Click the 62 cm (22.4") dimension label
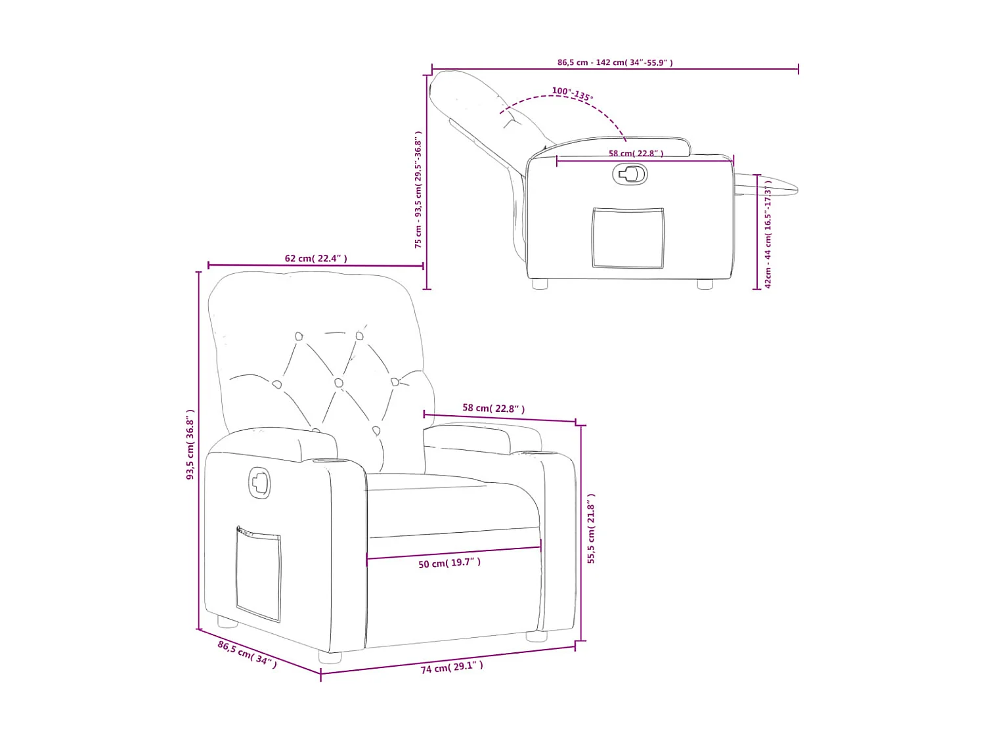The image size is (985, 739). point(315,258)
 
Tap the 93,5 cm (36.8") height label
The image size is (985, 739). point(190,444)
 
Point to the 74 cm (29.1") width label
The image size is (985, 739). point(451,667)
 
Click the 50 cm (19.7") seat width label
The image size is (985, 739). point(449,563)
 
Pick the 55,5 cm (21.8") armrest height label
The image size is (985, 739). point(591,528)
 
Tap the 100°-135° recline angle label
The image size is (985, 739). point(572,93)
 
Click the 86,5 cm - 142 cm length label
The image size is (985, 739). point(615,63)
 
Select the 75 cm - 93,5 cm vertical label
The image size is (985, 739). point(418,190)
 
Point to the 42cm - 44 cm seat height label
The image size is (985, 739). point(768,234)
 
